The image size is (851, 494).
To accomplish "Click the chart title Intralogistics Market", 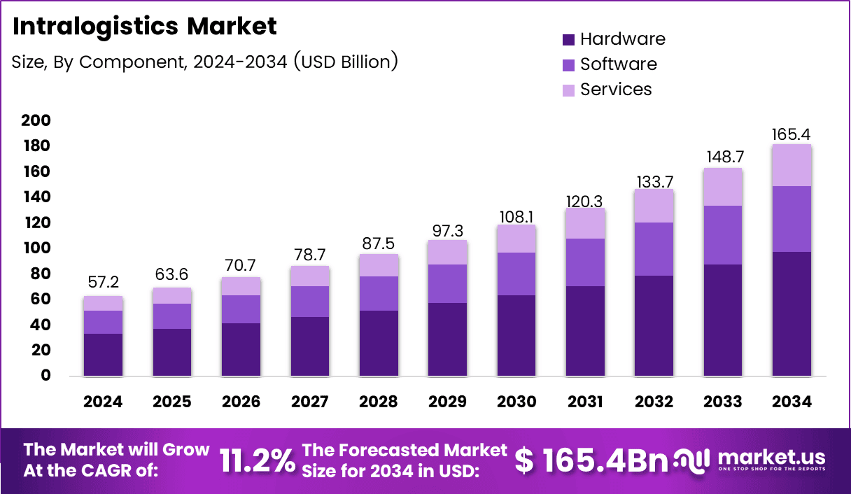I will pyautogui.click(x=145, y=27).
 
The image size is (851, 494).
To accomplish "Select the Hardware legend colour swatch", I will pyautogui.click(x=568, y=39).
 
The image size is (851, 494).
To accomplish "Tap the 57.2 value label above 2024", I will pyautogui.click(x=103, y=283).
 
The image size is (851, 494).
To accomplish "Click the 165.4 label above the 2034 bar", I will pyautogui.click(x=792, y=134).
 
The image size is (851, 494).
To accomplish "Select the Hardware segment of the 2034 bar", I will pyautogui.click(x=792, y=313).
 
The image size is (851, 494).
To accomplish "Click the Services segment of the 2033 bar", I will pyautogui.click(x=723, y=187).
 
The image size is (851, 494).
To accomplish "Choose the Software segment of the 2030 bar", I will pyautogui.click(x=516, y=274).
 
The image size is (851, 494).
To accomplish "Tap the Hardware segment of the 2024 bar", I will pyautogui.click(x=103, y=355).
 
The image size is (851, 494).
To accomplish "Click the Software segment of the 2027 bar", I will pyautogui.click(x=309, y=302).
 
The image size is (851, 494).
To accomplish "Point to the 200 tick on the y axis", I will pyautogui.click(x=36, y=121).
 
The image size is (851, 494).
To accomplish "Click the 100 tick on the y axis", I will pyautogui.click(x=36, y=248).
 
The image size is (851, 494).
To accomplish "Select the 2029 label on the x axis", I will pyautogui.click(x=447, y=402).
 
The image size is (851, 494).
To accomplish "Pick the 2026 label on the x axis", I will pyautogui.click(x=241, y=402).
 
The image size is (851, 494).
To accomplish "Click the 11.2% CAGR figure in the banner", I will pyautogui.click(x=257, y=461).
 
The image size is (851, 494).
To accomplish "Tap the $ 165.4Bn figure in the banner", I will pyautogui.click(x=591, y=460).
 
